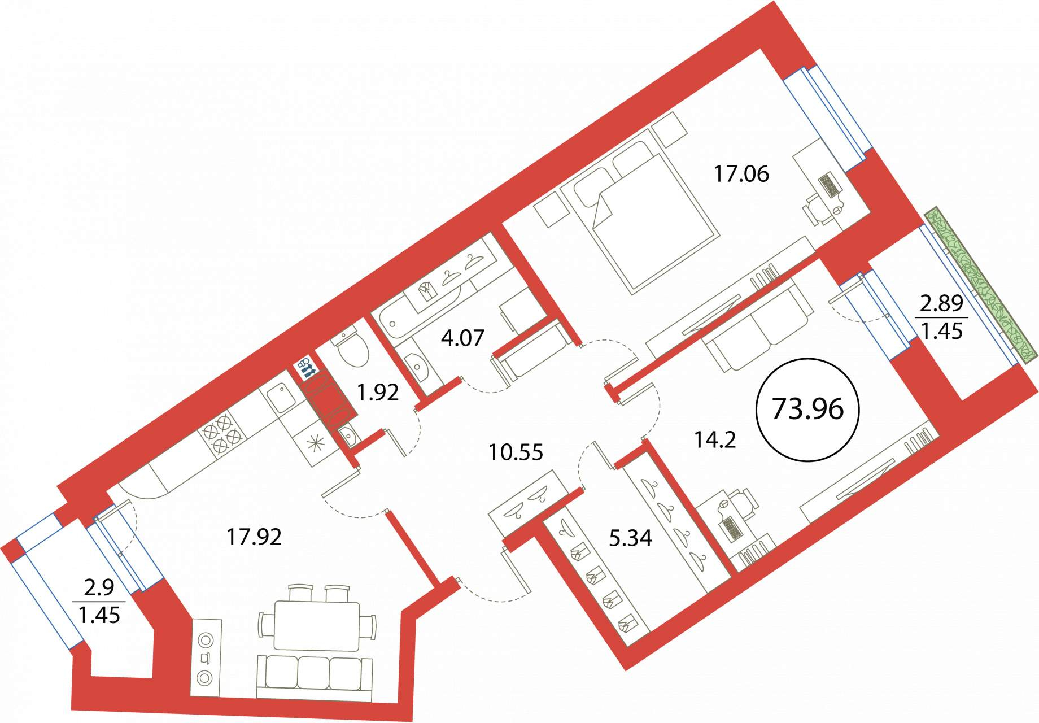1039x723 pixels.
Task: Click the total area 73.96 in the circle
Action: [807, 409]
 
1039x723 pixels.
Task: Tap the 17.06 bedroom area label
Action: [741, 174]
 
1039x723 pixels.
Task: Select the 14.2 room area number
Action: [715, 439]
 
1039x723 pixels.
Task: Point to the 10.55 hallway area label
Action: [516, 452]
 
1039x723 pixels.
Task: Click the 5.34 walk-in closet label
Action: [630, 538]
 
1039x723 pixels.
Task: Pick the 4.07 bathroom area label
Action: [462, 338]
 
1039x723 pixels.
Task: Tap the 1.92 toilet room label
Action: [378, 392]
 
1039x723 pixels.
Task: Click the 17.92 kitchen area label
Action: [254, 537]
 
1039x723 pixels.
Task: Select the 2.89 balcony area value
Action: [941, 304]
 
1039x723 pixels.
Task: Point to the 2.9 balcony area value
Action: [99, 588]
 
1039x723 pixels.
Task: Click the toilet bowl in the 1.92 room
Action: [351, 346]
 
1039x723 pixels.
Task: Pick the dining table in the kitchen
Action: [316, 625]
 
